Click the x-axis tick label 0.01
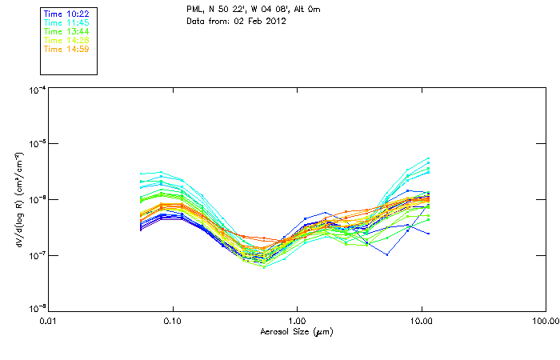pyautogui.click(x=49, y=322)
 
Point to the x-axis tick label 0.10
pyautogui.click(x=173, y=322)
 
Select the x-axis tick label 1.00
pyautogui.click(x=297, y=322)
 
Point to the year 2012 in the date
pyautogui.click(x=276, y=21)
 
